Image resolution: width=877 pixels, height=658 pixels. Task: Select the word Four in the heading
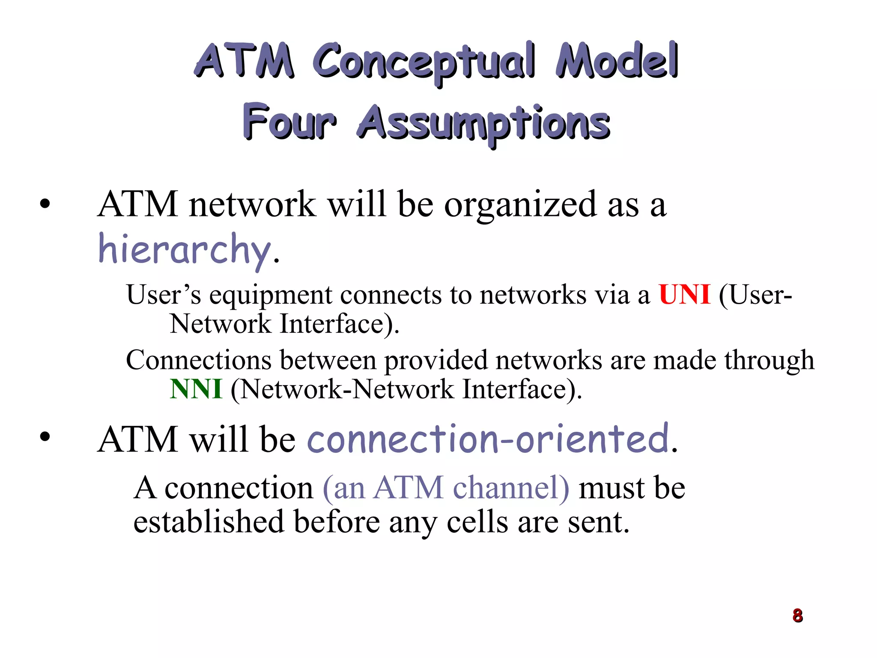click(x=289, y=122)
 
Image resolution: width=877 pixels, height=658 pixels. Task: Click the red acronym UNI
click(x=684, y=295)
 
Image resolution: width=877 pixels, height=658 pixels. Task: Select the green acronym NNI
click(x=196, y=389)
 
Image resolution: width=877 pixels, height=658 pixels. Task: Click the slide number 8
click(x=797, y=616)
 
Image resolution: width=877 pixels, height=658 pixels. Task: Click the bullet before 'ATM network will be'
click(x=45, y=204)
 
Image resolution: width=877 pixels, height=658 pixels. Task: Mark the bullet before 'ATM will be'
click(x=45, y=437)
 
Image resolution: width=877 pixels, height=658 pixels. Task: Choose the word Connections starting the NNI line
click(x=199, y=360)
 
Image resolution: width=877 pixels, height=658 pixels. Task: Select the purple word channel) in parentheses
click(x=511, y=488)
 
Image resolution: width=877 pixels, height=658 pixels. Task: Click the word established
click(x=209, y=522)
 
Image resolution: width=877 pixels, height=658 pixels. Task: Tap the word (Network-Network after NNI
click(x=342, y=389)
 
